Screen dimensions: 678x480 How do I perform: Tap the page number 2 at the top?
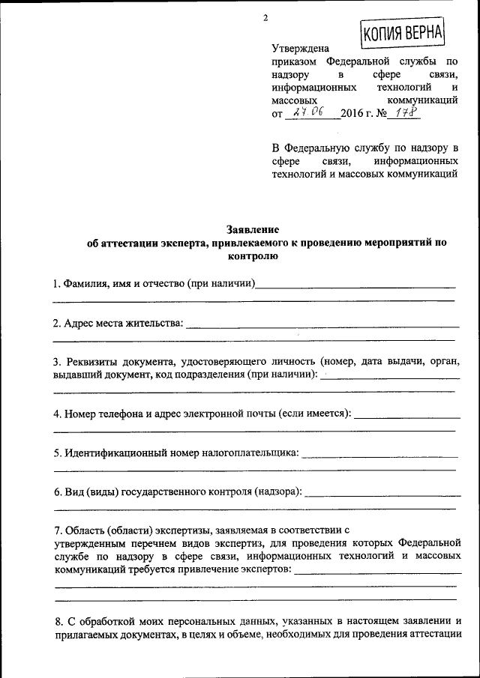265,18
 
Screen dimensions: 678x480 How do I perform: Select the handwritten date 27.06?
308,112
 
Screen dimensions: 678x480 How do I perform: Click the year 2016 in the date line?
352,114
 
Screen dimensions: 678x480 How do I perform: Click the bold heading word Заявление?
253,229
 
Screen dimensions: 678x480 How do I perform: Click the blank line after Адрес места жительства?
322,325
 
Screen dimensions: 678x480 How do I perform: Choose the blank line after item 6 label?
383,494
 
